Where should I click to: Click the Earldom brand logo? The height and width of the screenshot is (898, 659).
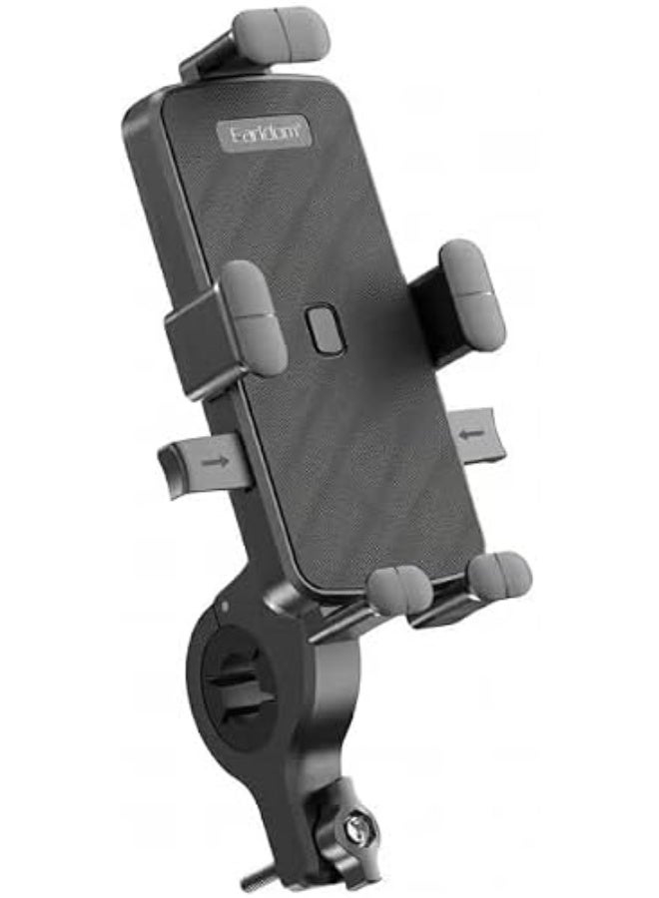pos(266,135)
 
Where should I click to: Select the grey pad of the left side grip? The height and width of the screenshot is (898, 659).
pos(253,316)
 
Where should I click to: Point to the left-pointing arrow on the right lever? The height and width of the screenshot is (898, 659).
pos(471,434)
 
